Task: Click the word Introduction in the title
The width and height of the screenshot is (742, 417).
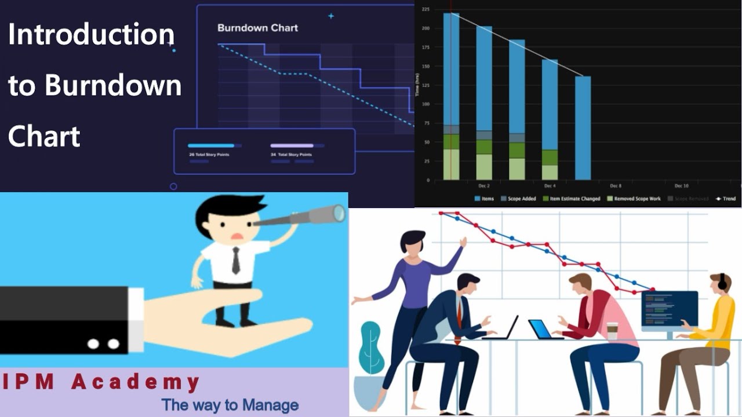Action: (91, 35)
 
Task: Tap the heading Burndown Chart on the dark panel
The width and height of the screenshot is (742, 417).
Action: (257, 28)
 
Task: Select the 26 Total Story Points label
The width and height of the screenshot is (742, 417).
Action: (209, 155)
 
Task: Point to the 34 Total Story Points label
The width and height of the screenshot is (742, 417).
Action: (291, 155)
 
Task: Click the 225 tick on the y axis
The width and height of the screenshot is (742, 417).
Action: (425, 9)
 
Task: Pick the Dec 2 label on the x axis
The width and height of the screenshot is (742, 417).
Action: (484, 186)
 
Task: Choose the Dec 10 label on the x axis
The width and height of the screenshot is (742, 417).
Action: (681, 186)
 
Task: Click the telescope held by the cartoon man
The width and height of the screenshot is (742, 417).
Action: (301, 217)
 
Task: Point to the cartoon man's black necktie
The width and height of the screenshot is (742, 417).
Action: (236, 261)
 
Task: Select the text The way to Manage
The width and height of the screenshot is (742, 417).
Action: (230, 405)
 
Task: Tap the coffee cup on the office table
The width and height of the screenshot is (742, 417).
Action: (612, 331)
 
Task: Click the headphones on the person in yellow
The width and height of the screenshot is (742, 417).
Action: (722, 282)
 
